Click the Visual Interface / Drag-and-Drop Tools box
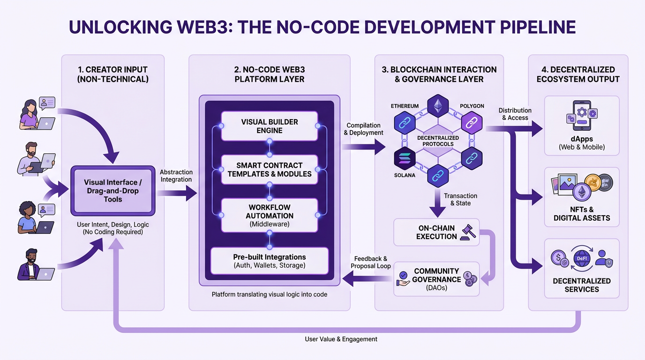click(x=112, y=191)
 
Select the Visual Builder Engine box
click(x=269, y=126)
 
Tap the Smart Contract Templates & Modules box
click(x=269, y=170)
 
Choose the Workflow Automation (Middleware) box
click(x=269, y=215)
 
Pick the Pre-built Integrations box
click(x=269, y=261)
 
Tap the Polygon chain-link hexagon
click(x=472, y=123)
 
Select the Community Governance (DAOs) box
click(x=436, y=279)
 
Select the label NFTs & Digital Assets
click(x=582, y=214)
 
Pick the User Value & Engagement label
click(x=341, y=339)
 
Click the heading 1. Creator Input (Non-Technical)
click(x=112, y=74)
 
